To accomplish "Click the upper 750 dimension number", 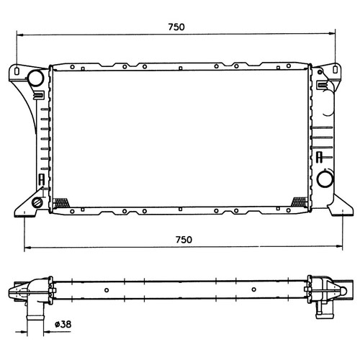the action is (x=176, y=27).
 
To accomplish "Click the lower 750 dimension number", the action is (x=184, y=240).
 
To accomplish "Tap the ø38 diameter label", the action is (x=63, y=325).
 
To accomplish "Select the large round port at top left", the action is (x=35, y=78).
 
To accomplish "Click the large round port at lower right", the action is (x=325, y=179).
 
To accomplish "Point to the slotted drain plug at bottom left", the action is (x=37, y=202).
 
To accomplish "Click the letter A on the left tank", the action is (x=42, y=179).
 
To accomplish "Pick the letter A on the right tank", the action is (x=319, y=157).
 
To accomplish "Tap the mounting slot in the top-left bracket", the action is (x=17, y=71).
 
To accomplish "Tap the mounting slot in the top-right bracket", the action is (x=336, y=69).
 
